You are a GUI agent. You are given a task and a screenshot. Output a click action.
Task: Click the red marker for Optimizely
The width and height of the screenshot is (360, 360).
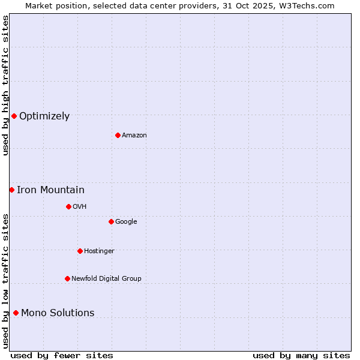[14, 116]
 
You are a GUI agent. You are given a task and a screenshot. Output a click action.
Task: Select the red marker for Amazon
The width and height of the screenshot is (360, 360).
[118, 135]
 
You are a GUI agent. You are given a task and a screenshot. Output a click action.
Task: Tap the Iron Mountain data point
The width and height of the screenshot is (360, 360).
[11, 190]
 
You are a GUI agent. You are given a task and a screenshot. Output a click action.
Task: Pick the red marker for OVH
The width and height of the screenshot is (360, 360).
[68, 206]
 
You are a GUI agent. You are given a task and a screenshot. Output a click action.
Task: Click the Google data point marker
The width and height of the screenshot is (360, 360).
[111, 221]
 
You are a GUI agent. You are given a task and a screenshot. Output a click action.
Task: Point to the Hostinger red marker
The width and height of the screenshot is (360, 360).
[80, 251]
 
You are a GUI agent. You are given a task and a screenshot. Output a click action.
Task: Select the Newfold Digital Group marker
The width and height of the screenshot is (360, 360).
[67, 278]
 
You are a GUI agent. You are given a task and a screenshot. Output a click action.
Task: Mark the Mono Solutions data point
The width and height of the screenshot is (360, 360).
[16, 313]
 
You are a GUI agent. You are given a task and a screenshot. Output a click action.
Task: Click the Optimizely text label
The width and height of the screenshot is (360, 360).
[44, 116]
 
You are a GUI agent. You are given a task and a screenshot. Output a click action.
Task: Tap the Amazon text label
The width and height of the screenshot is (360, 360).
[134, 136]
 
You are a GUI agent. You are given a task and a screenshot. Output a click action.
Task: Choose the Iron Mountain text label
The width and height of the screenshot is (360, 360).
[50, 190]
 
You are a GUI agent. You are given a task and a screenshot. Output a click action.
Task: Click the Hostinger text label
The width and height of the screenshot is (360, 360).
[99, 251]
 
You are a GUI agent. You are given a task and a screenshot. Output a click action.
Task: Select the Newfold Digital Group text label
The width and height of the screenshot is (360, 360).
[106, 279]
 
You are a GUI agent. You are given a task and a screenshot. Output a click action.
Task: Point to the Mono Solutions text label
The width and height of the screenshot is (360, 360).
[58, 313]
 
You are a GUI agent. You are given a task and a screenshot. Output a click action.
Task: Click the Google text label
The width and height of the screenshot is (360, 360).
[126, 222]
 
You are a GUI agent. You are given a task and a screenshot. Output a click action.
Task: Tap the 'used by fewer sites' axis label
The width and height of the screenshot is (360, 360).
[62, 355]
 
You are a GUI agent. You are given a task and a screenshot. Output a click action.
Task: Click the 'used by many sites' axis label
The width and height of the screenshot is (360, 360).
[301, 355]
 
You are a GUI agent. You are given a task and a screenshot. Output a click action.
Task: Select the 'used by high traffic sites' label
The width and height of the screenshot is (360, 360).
[5, 85]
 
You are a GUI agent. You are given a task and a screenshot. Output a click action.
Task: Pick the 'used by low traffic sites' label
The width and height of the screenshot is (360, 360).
[5, 280]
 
